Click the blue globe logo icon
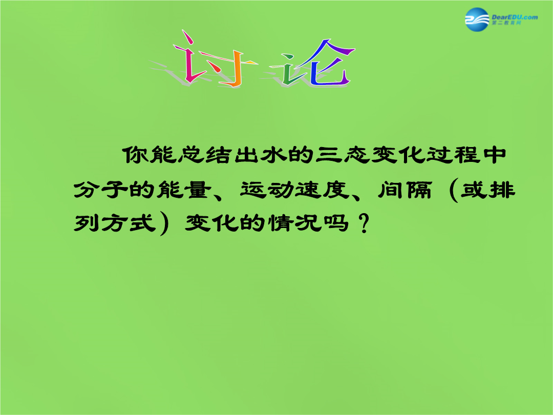[x=477, y=19]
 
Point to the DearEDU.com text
[x=515, y=17]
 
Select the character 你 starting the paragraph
[x=135, y=155]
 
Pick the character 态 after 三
[x=355, y=155]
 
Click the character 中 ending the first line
[x=494, y=155]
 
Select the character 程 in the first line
[x=466, y=155]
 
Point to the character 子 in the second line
[x=114, y=190]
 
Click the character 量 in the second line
[x=197, y=190]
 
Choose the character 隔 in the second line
[x=419, y=190]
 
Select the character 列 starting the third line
[x=87, y=223]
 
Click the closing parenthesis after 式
[x=164, y=224]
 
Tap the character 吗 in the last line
[x=335, y=223]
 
